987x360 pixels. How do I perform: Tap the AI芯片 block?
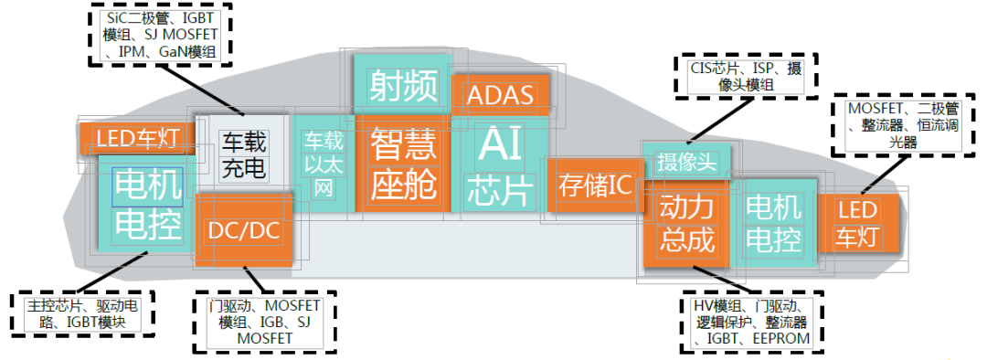pos(499,164)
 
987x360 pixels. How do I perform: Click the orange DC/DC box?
pos(244,230)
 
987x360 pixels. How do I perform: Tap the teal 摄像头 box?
pos(686,162)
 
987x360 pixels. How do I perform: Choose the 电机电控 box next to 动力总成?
pos(774,224)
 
